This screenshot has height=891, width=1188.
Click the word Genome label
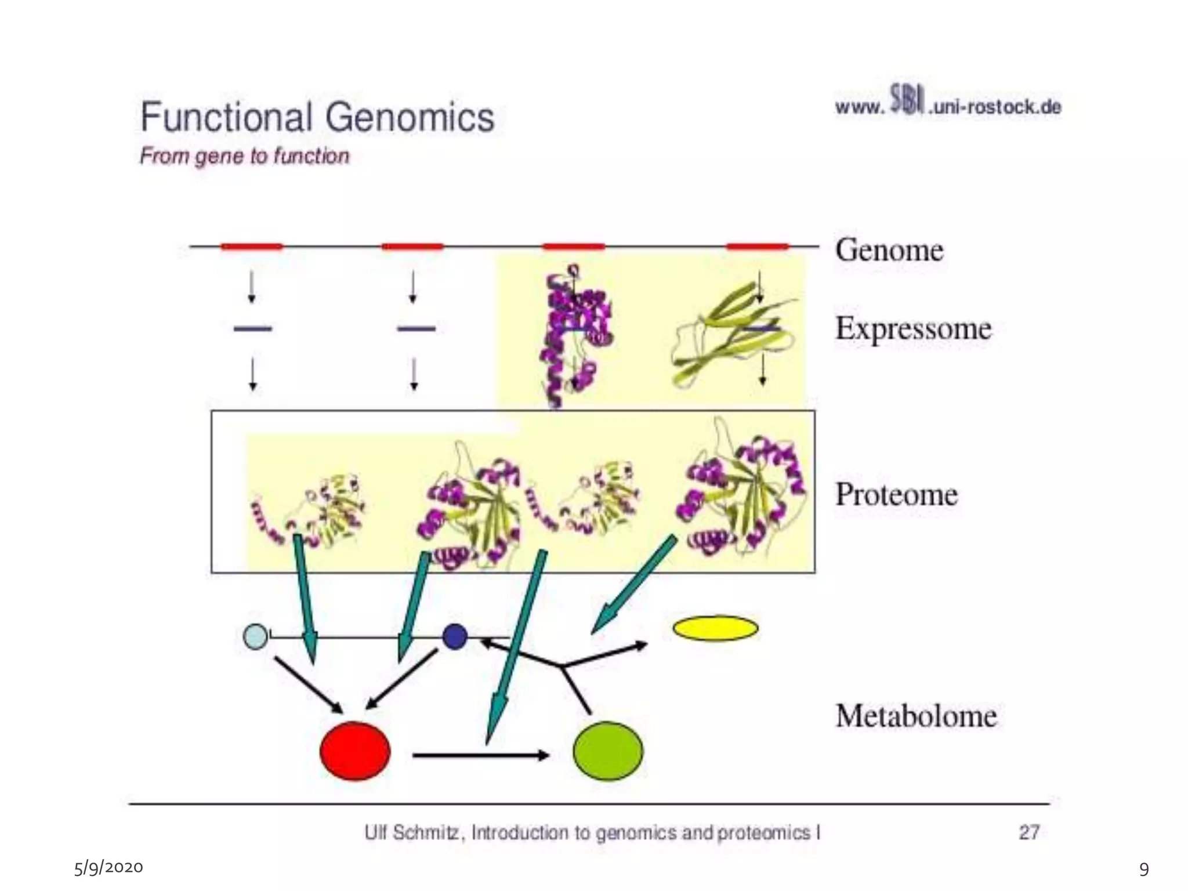pos(889,250)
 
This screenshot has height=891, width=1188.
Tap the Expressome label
pos(913,329)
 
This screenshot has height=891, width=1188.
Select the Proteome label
pos(896,494)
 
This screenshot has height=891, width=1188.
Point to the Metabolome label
pos(916,715)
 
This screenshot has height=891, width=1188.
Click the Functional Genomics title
pos(317,117)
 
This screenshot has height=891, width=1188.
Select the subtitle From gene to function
pos(244,156)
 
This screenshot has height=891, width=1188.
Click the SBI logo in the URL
pos(906,100)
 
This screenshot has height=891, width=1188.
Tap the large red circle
pos(355,751)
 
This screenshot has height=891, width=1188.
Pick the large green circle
pos(607,751)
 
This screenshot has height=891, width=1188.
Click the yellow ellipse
pos(715,628)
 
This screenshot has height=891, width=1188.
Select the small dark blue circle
pos(454,636)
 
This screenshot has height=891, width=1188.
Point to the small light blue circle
pos(255,636)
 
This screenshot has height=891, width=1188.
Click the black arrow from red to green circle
pos(480,755)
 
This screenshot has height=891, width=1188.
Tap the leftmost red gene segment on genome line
pos(251,247)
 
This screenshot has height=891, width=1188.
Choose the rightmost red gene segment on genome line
pos(757,247)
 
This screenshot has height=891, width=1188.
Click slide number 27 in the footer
pos(1028,832)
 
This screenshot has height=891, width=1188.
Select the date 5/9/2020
pos(108,867)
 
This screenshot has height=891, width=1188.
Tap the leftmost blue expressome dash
pos(252,329)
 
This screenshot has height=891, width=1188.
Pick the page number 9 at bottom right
pos(1144,869)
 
